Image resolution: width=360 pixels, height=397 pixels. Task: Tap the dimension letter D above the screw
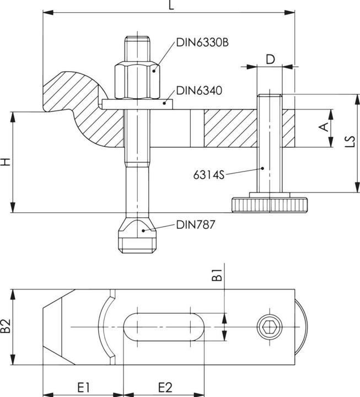270,59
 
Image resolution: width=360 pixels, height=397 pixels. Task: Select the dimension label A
325,128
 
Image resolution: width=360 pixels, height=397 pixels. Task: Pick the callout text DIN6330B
202,42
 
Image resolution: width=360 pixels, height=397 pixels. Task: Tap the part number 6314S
208,175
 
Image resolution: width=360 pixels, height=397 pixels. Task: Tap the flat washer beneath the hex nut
138,104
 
